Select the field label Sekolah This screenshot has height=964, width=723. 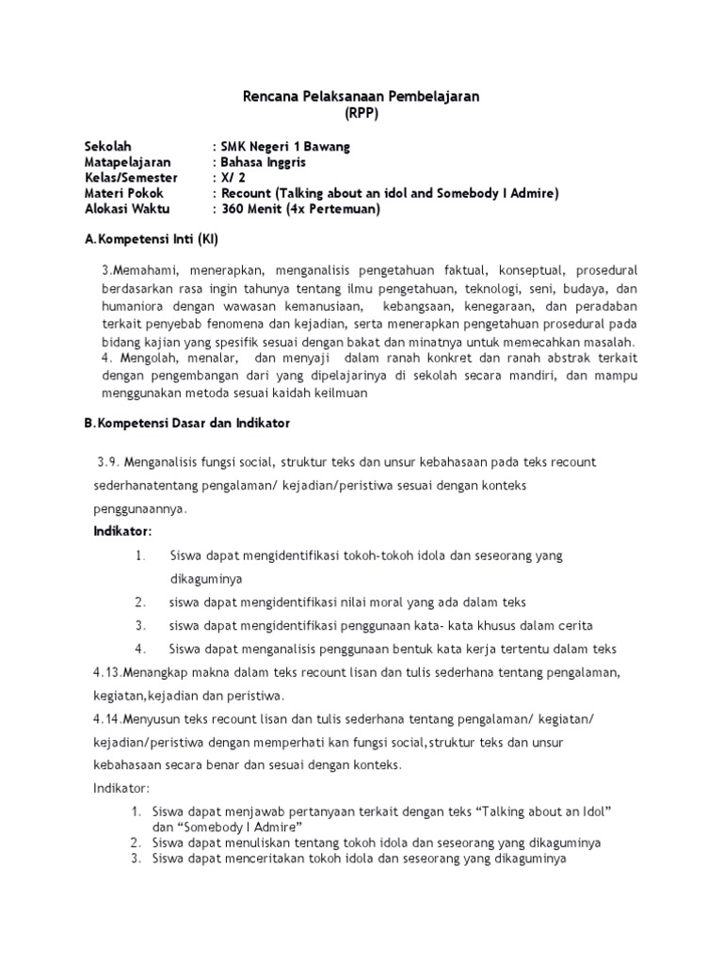[x=108, y=146]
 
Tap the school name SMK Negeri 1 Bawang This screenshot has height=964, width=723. [x=284, y=146]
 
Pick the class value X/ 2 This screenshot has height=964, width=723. [x=232, y=178]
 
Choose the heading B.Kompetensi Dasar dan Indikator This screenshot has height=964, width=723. [x=187, y=424]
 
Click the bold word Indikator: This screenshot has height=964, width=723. [x=122, y=531]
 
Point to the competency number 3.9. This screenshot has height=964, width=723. [x=108, y=461]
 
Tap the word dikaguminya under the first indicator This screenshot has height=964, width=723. [x=206, y=578]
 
